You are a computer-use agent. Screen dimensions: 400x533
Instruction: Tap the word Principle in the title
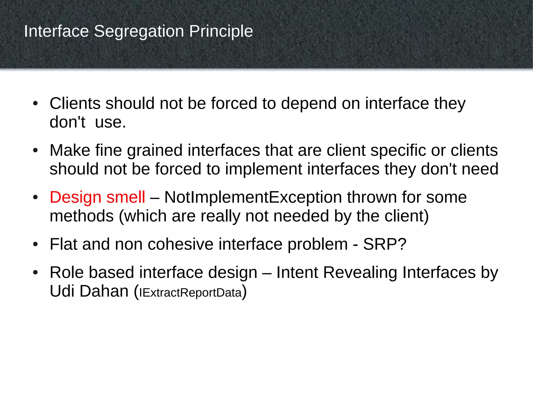(221, 32)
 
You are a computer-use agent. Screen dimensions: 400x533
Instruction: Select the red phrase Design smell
(97, 197)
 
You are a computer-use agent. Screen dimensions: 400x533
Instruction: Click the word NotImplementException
(253, 197)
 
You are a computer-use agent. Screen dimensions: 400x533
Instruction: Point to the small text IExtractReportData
(191, 292)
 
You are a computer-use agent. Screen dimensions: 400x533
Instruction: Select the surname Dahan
(104, 291)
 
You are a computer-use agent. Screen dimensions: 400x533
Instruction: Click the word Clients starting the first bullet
(75, 103)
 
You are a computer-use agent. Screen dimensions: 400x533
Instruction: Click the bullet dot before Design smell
(35, 198)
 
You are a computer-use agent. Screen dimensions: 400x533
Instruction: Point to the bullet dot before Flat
(35, 245)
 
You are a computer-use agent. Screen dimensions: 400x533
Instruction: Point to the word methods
(82, 216)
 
